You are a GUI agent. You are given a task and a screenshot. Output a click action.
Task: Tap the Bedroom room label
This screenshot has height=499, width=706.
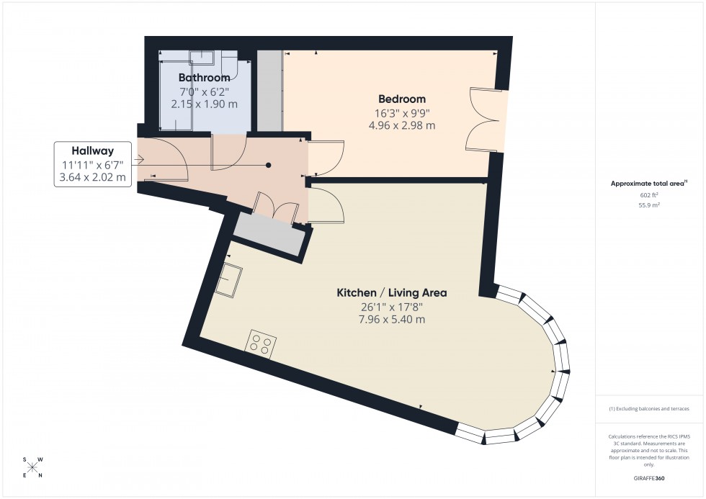point(402,99)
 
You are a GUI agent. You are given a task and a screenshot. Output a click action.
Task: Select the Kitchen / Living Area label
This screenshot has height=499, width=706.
point(392,293)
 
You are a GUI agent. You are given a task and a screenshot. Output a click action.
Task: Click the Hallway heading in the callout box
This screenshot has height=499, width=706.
point(92,151)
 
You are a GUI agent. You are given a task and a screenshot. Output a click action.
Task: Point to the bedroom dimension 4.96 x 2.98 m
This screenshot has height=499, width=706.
point(402,125)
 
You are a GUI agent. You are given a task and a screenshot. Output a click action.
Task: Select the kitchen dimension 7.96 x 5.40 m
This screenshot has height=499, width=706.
point(392,319)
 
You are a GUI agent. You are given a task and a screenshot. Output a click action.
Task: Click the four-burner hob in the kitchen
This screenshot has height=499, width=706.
point(261,343)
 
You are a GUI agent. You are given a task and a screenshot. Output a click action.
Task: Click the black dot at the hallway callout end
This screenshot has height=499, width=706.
point(269,165)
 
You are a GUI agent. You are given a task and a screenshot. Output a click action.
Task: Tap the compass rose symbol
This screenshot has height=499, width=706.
point(32,467)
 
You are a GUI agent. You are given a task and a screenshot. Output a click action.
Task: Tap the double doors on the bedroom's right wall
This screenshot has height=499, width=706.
point(484,119)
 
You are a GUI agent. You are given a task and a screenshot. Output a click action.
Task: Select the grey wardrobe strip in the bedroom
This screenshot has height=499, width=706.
point(270,91)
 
